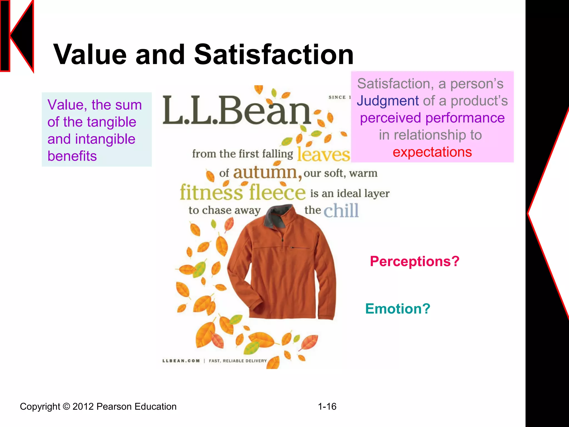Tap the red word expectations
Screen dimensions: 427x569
click(x=432, y=152)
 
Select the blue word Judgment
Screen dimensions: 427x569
click(x=388, y=101)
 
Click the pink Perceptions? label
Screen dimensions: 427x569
click(x=415, y=261)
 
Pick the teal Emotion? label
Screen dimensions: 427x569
click(x=398, y=309)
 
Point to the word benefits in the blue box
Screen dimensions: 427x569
click(x=72, y=156)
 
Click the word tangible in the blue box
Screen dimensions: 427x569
click(x=111, y=122)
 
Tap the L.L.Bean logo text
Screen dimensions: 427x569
click(x=236, y=110)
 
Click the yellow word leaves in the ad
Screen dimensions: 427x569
click(x=323, y=155)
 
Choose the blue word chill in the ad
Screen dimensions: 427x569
click(x=341, y=210)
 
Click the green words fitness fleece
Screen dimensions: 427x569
click(x=243, y=192)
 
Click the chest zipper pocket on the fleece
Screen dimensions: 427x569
click(x=299, y=247)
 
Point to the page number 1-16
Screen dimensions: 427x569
click(x=327, y=406)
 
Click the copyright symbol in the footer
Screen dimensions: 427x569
click(x=66, y=406)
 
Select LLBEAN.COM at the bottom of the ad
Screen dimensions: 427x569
click(x=181, y=361)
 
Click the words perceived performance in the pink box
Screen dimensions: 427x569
click(x=432, y=118)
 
